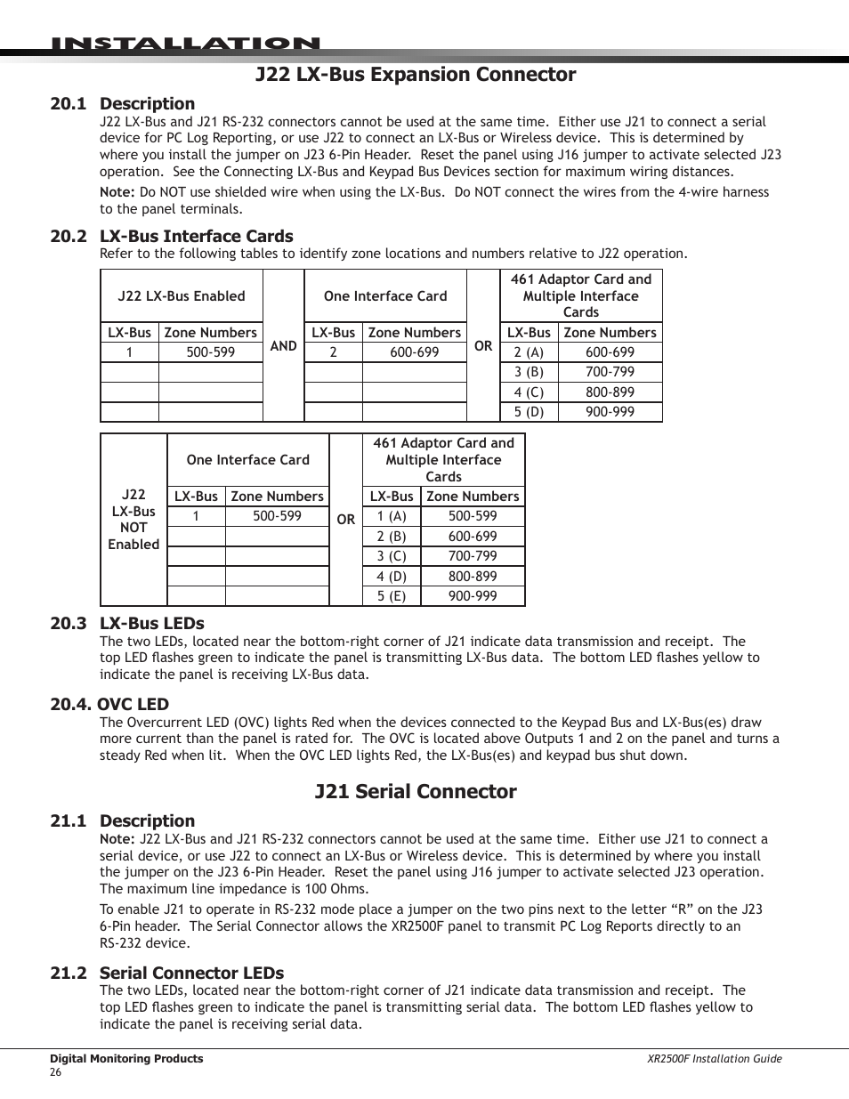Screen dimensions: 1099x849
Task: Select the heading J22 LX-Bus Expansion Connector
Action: pos(416,75)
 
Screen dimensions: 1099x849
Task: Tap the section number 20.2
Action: pos(69,237)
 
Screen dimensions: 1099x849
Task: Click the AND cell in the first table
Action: pos(283,346)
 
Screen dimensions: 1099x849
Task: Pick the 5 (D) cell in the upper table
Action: pos(529,412)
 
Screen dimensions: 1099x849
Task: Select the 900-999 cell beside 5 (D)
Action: pos(610,412)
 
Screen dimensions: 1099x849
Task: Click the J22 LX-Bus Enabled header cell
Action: pos(182,296)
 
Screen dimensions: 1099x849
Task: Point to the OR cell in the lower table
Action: pos(346,520)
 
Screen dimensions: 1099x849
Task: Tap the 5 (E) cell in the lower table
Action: pos(392,596)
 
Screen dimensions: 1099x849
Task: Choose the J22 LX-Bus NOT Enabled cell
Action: pos(133,520)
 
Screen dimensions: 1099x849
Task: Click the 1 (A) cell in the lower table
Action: pos(392,516)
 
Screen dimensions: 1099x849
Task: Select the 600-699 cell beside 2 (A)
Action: pos(610,352)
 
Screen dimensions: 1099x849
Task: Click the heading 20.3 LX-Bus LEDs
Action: pos(127,624)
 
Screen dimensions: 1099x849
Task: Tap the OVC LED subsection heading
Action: pos(109,705)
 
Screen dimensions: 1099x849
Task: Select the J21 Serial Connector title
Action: pos(416,792)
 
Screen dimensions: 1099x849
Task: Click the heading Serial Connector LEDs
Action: pos(191,974)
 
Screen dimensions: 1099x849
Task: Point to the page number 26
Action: pos(56,1072)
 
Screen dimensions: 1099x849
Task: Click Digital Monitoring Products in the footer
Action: pos(126,1059)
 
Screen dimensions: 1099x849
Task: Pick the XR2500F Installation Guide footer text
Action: pos(714,1059)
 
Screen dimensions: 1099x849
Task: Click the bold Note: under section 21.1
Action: pos(117,839)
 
